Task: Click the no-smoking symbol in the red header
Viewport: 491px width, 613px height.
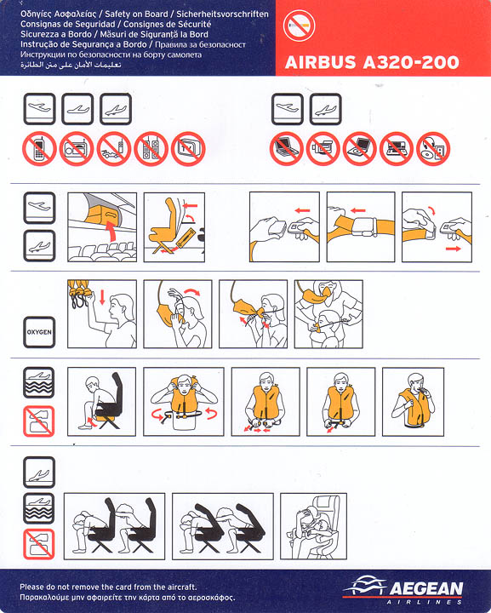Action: tap(299, 26)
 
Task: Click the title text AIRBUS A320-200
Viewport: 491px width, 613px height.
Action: tap(372, 62)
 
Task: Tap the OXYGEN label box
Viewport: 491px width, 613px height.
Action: tap(39, 332)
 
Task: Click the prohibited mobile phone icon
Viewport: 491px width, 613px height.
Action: tap(39, 148)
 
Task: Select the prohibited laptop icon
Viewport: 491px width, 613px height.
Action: tap(286, 148)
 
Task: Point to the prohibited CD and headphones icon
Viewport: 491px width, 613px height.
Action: tap(433, 148)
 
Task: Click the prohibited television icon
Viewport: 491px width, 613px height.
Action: tap(188, 148)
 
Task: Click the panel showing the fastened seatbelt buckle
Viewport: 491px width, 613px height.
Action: tap(361, 226)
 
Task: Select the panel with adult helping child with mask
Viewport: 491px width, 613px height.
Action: tap(328, 313)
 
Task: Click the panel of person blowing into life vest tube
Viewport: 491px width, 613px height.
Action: tap(413, 402)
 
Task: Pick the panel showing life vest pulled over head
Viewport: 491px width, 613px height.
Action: tap(184, 402)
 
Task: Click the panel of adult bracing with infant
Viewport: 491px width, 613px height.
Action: tap(313, 526)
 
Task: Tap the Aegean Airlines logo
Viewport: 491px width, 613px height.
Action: tap(403, 589)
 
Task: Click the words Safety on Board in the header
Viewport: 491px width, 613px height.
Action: tap(136, 14)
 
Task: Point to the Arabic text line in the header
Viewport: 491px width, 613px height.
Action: tap(71, 65)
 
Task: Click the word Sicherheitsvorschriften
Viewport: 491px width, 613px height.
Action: tap(223, 14)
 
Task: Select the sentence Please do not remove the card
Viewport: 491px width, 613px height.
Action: tap(108, 587)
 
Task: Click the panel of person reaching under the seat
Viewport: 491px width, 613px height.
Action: tap(101, 402)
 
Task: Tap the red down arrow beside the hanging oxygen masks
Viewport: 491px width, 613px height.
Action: tap(102, 297)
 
